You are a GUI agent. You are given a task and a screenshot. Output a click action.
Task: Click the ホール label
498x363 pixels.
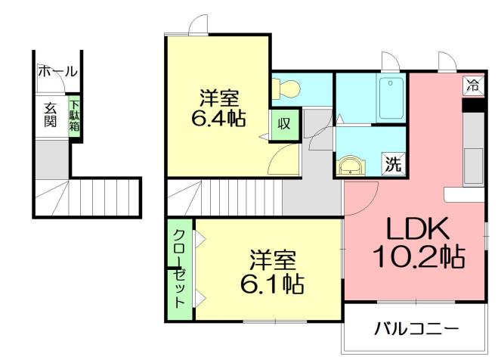coord(57,72)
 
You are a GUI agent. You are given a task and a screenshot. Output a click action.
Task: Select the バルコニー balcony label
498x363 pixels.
coord(417,329)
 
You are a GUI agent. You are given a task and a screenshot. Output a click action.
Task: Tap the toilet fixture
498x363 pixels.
coord(286,89)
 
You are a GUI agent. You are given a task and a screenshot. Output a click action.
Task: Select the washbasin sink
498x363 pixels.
coord(351,164)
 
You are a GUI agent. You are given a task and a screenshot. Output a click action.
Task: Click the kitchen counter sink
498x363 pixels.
coord(475,165)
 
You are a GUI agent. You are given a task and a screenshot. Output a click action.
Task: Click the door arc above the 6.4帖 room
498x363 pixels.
coord(198,25)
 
